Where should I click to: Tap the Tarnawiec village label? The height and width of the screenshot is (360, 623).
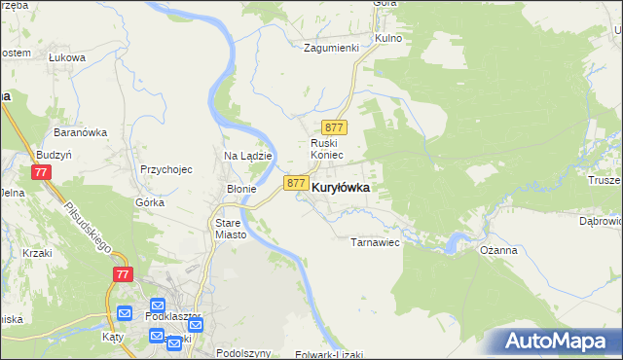[376, 242]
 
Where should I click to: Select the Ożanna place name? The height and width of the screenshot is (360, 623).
[498, 249]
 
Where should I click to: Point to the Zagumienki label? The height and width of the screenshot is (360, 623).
[331, 48]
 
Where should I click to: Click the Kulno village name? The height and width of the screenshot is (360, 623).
[388, 38]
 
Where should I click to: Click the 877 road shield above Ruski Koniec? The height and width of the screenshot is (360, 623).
[335, 128]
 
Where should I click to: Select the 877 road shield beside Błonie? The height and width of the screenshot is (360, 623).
[297, 183]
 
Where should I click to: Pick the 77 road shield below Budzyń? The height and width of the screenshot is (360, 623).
[40, 172]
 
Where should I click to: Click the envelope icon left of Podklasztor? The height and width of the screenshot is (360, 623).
[124, 313]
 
